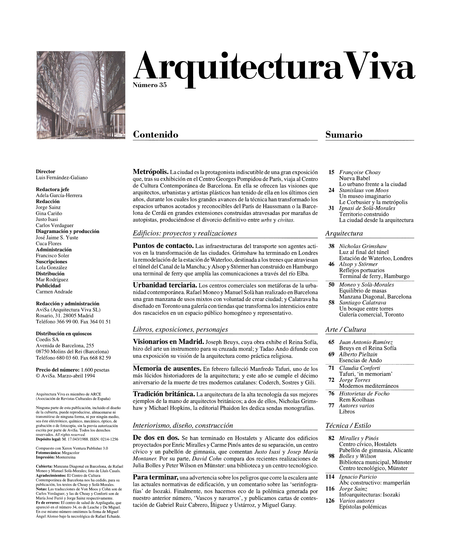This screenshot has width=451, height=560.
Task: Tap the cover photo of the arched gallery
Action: [x=81, y=95]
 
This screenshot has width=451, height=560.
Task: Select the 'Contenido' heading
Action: [x=156, y=134]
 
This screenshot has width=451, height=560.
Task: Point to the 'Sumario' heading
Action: [x=344, y=134]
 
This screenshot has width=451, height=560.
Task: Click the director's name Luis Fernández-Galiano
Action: [x=62, y=178]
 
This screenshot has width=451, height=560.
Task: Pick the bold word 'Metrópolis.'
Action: [x=151, y=172]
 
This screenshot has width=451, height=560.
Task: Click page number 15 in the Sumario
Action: [x=331, y=172]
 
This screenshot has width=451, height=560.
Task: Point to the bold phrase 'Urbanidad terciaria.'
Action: [x=165, y=285]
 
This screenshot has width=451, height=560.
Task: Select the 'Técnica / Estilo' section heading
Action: [x=348, y=426]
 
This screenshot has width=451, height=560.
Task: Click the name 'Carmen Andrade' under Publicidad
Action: [x=54, y=291]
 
